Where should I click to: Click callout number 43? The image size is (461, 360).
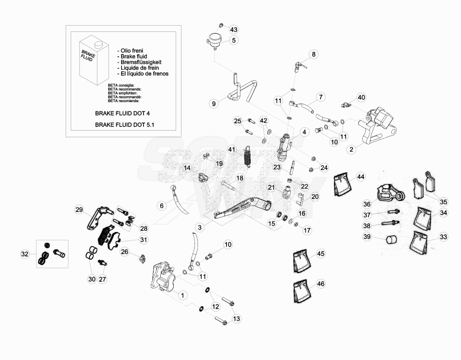point(234,29)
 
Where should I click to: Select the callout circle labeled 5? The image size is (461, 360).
point(234,40)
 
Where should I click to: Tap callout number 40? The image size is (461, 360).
point(361,97)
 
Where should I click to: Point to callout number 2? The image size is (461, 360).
point(351,149)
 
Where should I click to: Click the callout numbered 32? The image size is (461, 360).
point(25,254)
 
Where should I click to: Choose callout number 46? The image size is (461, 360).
point(321,284)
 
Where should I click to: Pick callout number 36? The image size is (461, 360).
point(367,204)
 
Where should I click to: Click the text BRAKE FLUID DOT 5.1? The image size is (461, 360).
point(125,125)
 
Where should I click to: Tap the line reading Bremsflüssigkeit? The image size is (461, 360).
point(140,62)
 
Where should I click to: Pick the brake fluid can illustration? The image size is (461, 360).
point(94,60)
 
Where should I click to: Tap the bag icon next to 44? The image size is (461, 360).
point(343,184)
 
